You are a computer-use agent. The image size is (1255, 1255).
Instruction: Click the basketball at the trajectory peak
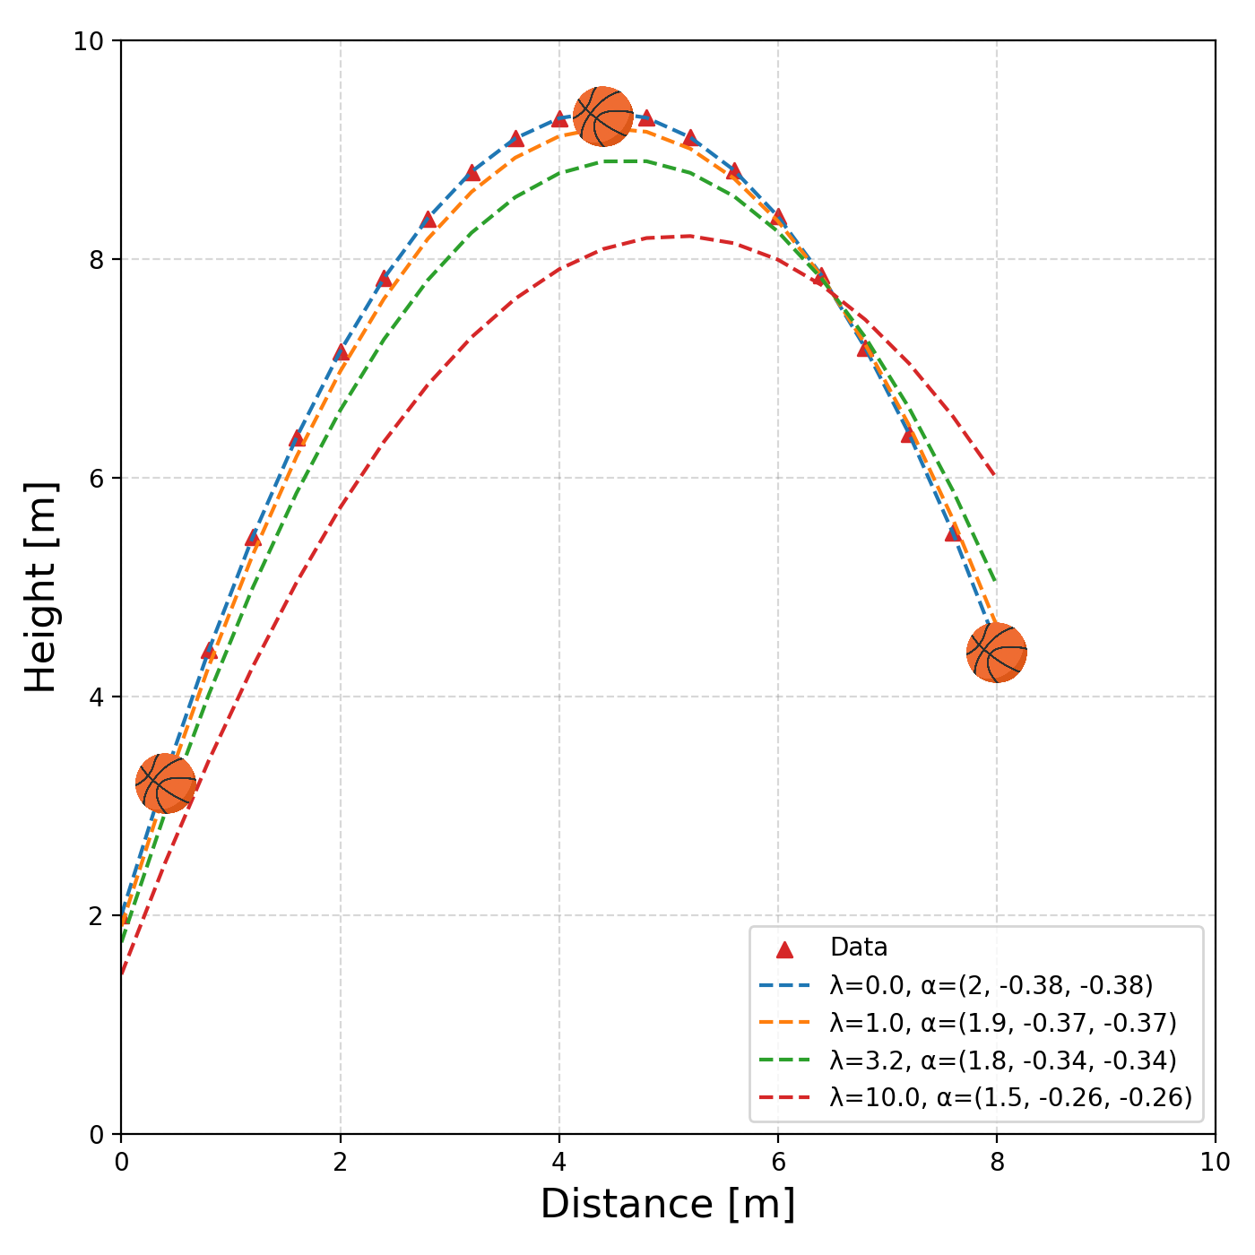click(x=603, y=117)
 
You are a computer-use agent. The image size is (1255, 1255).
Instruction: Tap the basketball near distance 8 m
click(x=997, y=653)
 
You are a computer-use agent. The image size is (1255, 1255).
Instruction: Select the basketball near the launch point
click(x=166, y=783)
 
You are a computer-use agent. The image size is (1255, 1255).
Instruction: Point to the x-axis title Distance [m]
click(x=668, y=1204)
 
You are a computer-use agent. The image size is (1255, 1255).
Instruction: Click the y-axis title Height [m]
click(x=41, y=587)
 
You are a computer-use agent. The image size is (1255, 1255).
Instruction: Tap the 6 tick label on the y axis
click(x=97, y=478)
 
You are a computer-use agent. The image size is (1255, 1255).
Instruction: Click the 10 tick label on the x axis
click(x=1215, y=1163)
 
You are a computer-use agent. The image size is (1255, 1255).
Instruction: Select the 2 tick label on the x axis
click(x=340, y=1163)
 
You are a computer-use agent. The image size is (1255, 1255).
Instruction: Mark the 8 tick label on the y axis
click(x=97, y=259)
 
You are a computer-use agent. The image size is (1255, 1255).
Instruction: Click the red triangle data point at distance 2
click(x=341, y=352)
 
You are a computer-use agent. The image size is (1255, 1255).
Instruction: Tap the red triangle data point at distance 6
click(x=778, y=218)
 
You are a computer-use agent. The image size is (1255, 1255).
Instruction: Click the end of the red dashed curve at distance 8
click(x=995, y=477)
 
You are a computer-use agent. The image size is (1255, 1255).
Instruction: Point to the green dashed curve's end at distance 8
click(x=996, y=581)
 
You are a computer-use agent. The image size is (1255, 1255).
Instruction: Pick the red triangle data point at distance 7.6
click(x=953, y=532)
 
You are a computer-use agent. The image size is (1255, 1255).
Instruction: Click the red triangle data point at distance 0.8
click(x=209, y=651)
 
